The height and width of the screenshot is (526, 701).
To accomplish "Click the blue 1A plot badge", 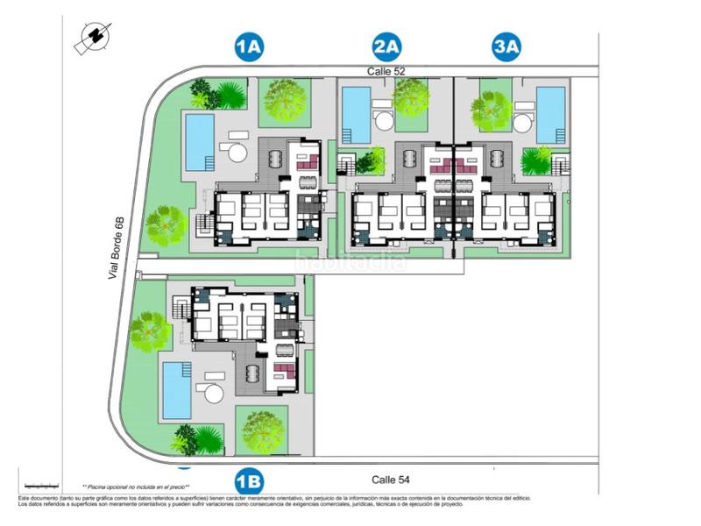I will click(x=250, y=46).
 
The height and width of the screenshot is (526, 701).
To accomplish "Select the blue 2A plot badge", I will click(x=386, y=46).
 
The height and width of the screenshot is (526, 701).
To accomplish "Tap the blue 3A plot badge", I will click(x=506, y=46).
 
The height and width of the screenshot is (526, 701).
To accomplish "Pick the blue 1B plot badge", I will click(x=250, y=481).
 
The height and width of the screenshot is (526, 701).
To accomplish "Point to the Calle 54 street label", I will click(x=391, y=480).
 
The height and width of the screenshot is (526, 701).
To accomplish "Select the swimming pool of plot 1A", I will click(x=200, y=141).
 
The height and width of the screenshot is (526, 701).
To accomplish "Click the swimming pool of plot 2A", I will click(x=356, y=115).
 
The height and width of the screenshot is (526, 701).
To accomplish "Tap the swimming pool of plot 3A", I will click(x=550, y=114).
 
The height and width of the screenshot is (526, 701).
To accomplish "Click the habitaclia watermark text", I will click(x=350, y=260).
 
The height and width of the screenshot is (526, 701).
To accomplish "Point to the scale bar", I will click(x=41, y=484).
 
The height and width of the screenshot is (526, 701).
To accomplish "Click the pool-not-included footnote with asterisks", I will click(x=136, y=487).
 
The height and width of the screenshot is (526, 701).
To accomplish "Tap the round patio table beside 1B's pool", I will click(x=214, y=393).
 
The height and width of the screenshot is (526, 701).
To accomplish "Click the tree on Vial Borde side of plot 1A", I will click(x=166, y=225).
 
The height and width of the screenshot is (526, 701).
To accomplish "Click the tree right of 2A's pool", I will click(x=410, y=97).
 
